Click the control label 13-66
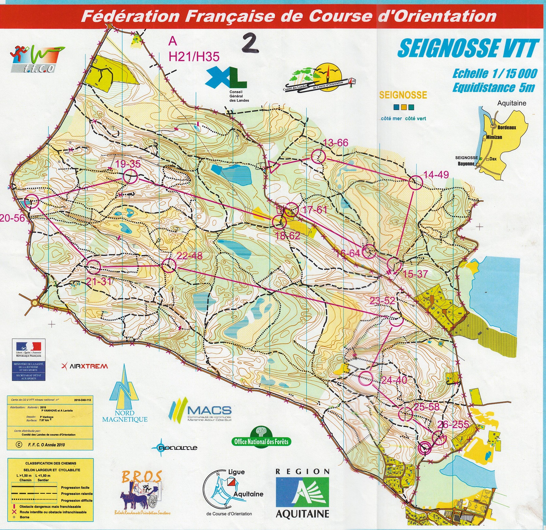(336, 143)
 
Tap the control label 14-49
(436, 175)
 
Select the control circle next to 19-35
(130, 177)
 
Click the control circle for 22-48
(169, 265)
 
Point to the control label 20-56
(12, 218)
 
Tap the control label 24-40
(394, 380)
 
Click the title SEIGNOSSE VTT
(467, 49)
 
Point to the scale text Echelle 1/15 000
(495, 74)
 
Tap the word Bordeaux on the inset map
(507, 128)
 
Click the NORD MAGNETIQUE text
(125, 416)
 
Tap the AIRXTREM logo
(85, 366)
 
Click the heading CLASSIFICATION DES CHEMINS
(51, 463)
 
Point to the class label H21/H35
(194, 57)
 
